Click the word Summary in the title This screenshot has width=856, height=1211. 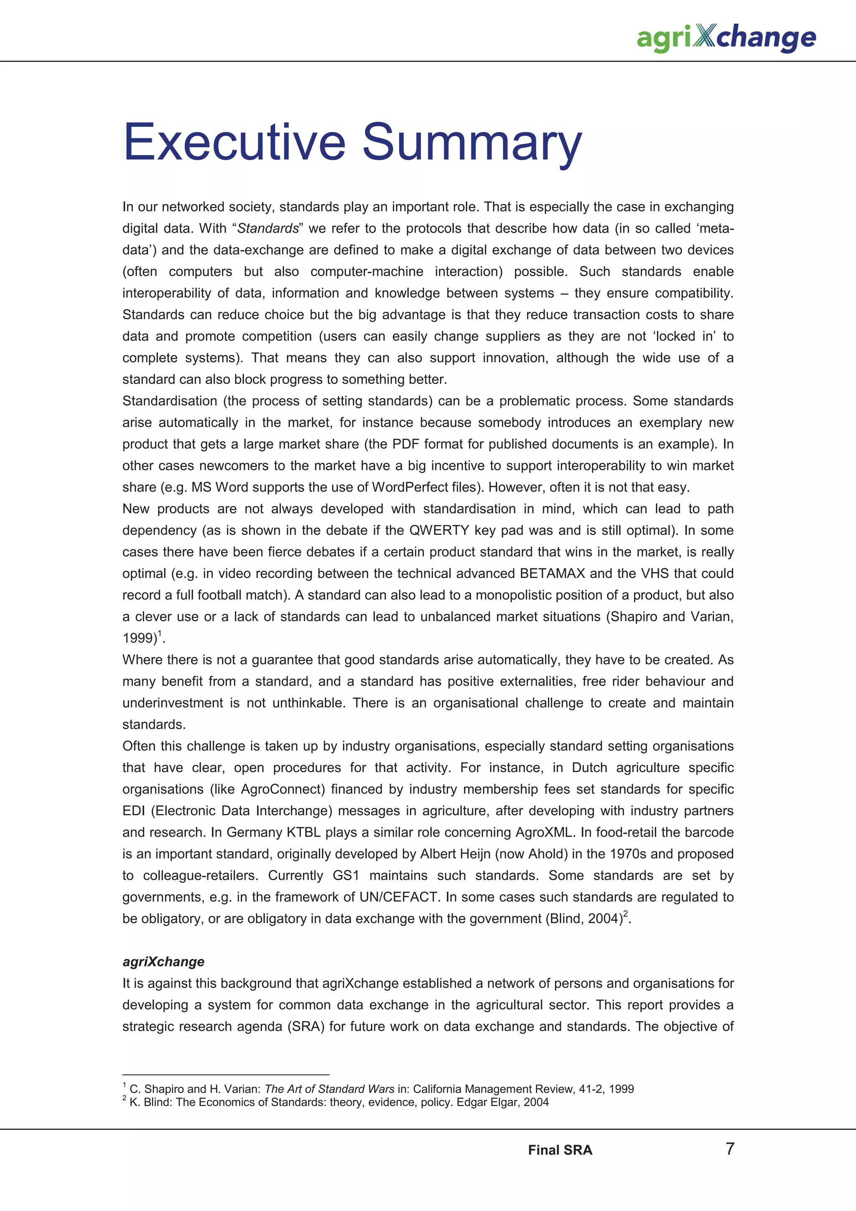tap(472, 142)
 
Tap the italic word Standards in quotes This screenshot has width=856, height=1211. tap(268, 229)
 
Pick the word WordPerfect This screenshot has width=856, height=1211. tap(408, 487)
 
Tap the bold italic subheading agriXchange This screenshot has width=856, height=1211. tap(163, 962)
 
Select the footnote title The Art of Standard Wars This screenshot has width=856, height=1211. tap(329, 1089)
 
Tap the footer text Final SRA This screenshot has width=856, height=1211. tap(560, 1150)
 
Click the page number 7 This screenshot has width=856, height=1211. tap(730, 1149)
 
